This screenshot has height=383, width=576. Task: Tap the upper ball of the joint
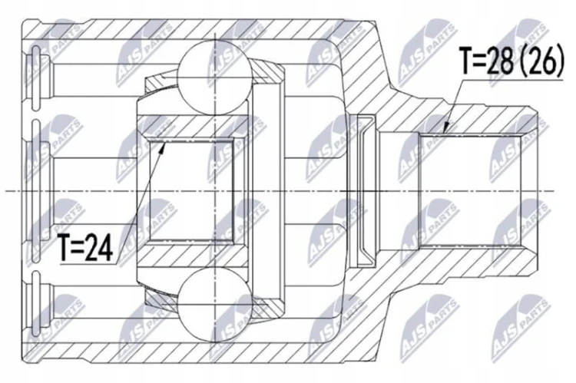coord(214,77)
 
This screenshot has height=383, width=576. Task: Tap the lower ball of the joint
coord(214,304)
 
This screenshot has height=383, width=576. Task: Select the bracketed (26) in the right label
coord(545,61)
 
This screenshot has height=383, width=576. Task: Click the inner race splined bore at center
coord(191,190)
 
